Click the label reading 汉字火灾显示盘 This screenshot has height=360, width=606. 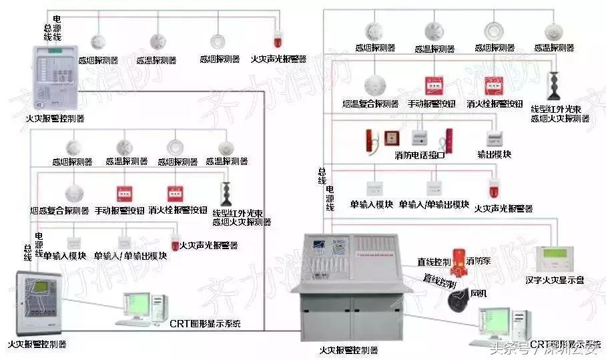pyautogui.click(x=554, y=281)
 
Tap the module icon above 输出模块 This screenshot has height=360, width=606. pyautogui.click(x=495, y=138)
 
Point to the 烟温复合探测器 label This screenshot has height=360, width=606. pyautogui.click(x=371, y=104)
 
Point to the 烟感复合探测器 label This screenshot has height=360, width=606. pyautogui.click(x=59, y=210)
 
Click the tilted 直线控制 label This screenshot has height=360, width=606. pyautogui.click(x=438, y=281)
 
